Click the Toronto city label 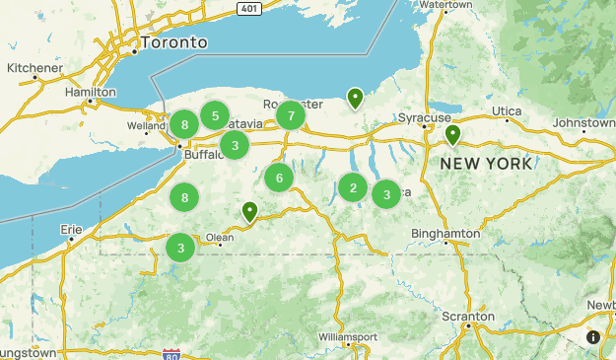[x=173, y=43]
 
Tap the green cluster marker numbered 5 [x=215, y=115]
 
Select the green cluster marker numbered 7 [x=290, y=116]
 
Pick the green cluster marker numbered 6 [x=279, y=179]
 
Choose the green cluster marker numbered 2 [x=353, y=187]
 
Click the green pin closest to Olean [x=250, y=211]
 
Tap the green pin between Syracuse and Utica [x=452, y=134]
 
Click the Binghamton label [x=446, y=234]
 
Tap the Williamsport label [x=348, y=336]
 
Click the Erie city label [x=71, y=229]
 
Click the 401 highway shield [x=250, y=8]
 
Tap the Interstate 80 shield [x=171, y=353]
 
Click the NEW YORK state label [x=486, y=163]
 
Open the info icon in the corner [x=593, y=337]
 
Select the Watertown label [x=446, y=5]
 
